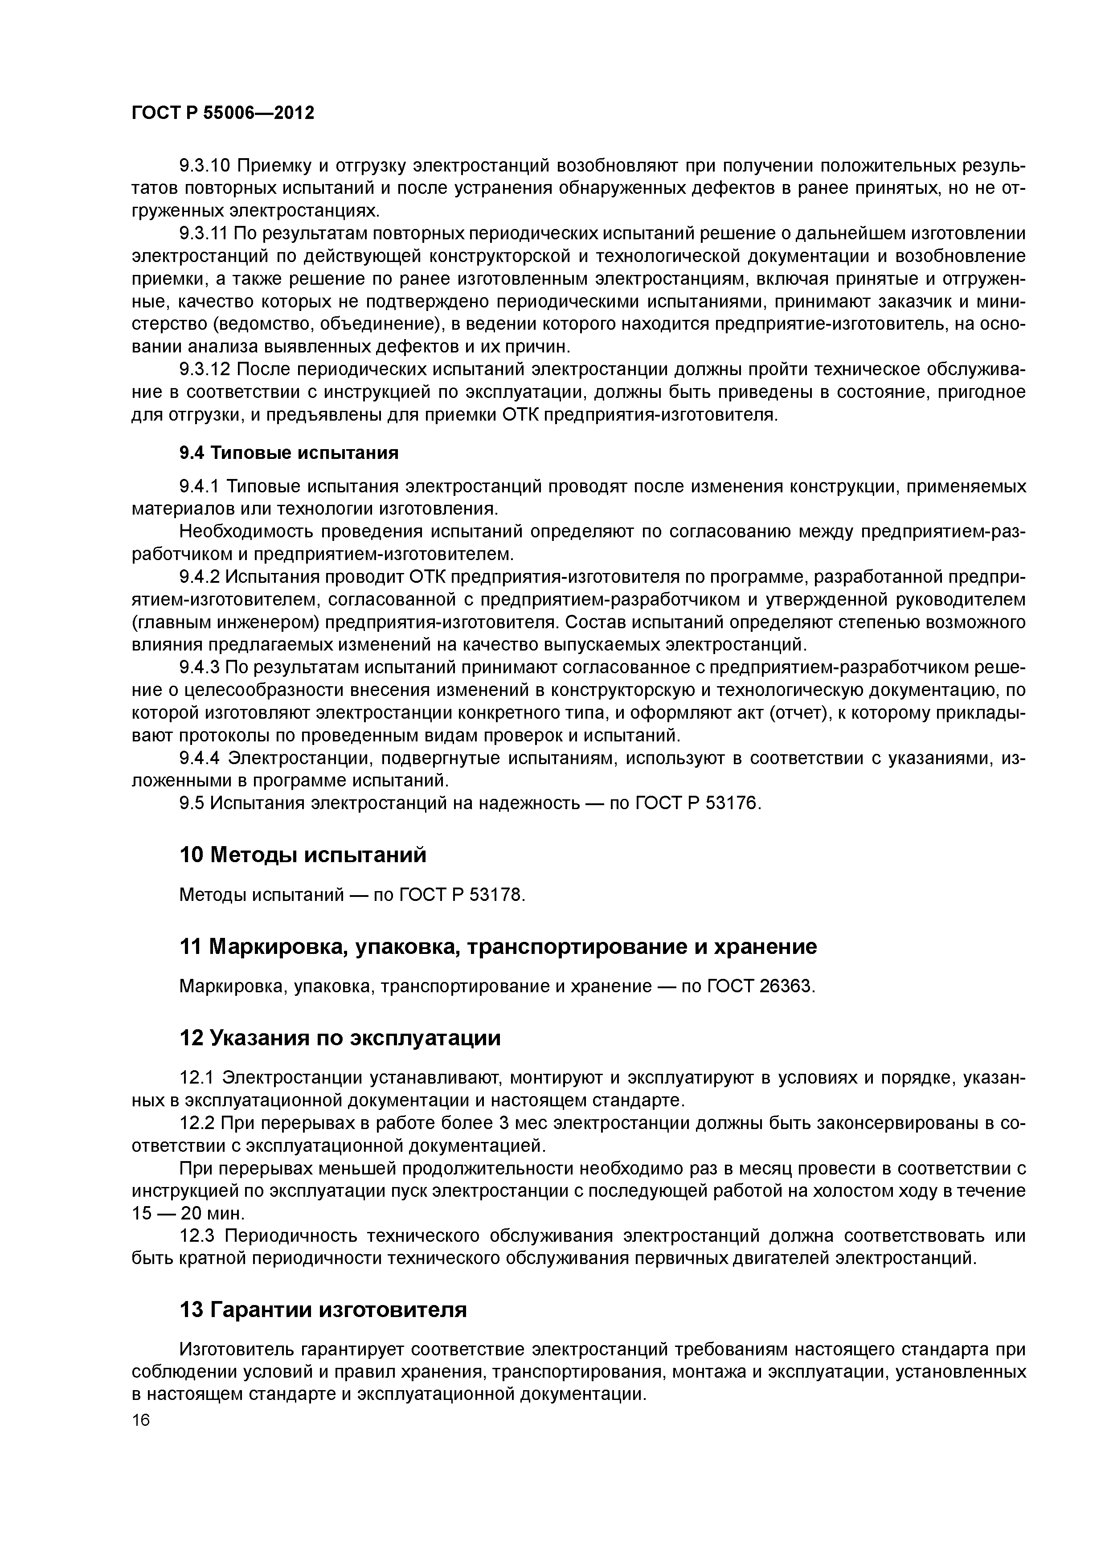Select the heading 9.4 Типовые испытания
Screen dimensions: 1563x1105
pos(289,453)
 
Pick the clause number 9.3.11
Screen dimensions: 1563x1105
pos(203,233)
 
